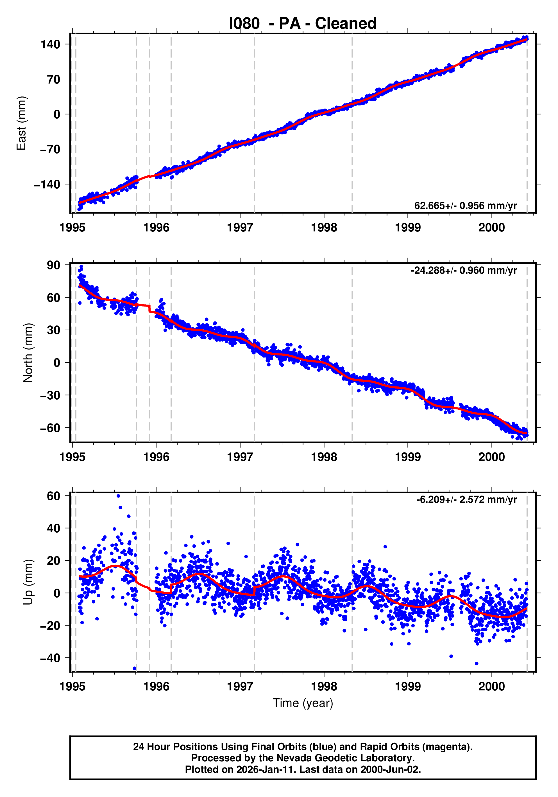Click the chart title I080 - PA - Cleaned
point(302,24)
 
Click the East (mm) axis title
point(22,123)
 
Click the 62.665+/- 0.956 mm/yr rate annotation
point(465,206)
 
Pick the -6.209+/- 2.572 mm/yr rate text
point(466,499)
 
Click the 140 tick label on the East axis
point(50,44)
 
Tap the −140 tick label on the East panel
point(47,184)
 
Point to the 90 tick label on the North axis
point(53,265)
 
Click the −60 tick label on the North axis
point(50,428)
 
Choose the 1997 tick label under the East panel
point(240,228)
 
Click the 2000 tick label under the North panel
point(491,457)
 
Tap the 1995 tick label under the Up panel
point(72,686)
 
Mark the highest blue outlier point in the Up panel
point(118,496)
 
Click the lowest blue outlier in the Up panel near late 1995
point(135,668)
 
